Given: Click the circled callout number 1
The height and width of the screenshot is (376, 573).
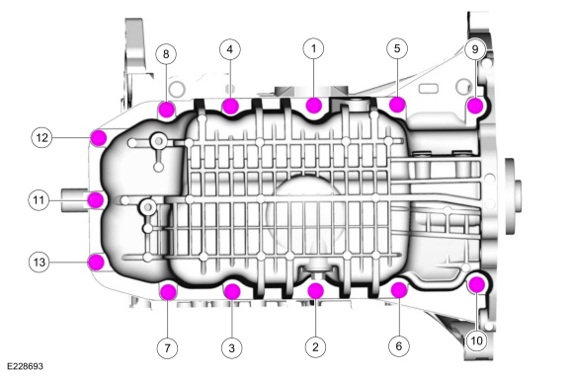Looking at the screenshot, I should (314, 47).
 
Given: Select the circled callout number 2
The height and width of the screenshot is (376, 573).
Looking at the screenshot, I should (315, 346).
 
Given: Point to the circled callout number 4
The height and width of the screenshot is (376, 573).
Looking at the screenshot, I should (229, 47).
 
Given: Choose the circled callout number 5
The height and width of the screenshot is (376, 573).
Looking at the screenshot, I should (396, 47).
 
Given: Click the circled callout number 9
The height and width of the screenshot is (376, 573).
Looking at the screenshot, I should (474, 47).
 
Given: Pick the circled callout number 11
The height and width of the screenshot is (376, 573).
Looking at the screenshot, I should (38, 200).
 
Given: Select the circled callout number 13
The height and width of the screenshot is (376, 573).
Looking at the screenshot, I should (38, 262).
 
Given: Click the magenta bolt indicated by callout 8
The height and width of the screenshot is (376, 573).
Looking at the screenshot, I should (167, 109).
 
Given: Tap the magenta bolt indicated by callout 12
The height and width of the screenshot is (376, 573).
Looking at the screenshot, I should (97, 137).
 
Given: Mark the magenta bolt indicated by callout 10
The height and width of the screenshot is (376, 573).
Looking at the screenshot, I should (476, 286).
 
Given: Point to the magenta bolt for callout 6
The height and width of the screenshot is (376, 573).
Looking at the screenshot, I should (400, 290).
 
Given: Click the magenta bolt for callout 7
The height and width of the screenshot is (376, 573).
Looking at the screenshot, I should (168, 290).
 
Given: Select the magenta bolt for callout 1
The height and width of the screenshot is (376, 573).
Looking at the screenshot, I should (314, 106).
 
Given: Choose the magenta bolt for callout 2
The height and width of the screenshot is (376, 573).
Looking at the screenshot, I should (316, 290).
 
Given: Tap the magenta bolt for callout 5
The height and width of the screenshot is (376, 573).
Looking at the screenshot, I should (397, 103).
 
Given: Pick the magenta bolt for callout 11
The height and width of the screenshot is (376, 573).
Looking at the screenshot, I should (96, 200).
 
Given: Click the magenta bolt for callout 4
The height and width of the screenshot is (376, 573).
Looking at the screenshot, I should (230, 106).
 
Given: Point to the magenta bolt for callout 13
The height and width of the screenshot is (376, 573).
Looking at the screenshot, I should (97, 262).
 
